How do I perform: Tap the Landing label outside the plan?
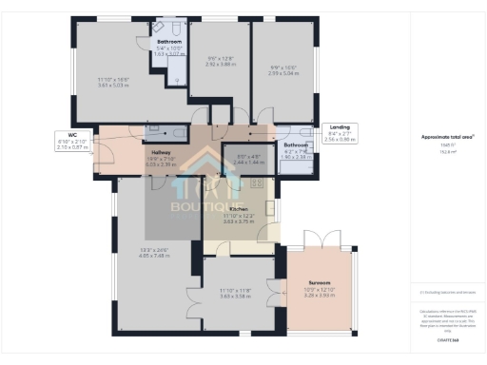(339, 126)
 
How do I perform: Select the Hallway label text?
(161, 152)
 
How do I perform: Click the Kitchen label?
(239, 207)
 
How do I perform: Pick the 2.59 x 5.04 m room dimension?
(284, 71)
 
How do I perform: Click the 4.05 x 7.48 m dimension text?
(155, 256)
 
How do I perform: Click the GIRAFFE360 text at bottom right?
(448, 339)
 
